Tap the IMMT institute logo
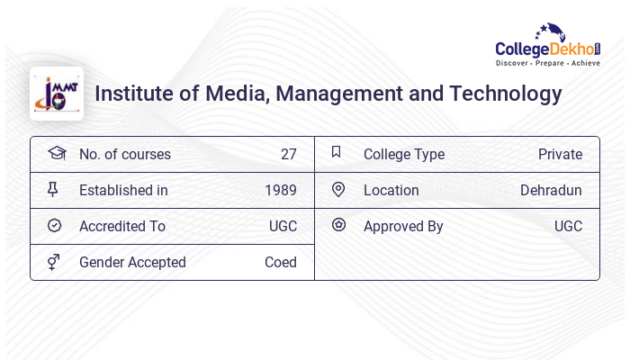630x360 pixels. (56, 94)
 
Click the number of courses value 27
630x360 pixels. (288, 154)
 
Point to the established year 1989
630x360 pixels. (281, 190)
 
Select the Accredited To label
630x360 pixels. (122, 226)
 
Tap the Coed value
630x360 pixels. (281, 262)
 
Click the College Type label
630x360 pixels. (404, 154)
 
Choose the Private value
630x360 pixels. (560, 154)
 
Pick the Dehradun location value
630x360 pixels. (551, 190)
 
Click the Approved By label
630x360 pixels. (403, 226)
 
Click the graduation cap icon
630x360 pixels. (56, 153)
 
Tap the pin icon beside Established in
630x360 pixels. (53, 189)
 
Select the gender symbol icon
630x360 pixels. (54, 262)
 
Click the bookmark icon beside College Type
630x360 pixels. (337, 152)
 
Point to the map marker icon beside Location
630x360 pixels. (338, 189)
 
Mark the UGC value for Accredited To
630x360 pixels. (283, 226)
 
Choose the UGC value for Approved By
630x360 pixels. (568, 226)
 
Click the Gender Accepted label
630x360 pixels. (132, 262)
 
